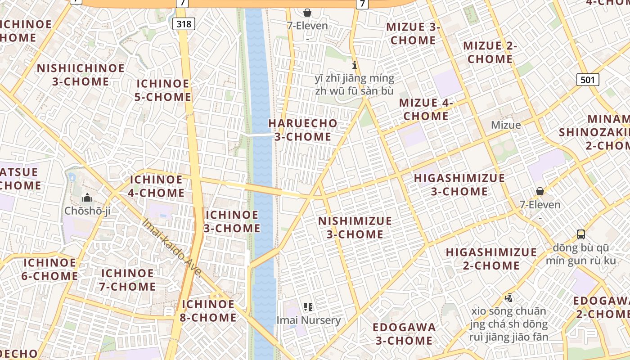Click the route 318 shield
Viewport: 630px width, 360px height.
tap(184, 24)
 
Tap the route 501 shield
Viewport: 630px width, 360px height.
tap(587, 80)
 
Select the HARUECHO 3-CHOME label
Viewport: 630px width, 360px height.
tap(302, 130)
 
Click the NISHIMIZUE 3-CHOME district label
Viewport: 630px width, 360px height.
tap(355, 228)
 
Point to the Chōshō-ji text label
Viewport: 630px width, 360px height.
tap(87, 211)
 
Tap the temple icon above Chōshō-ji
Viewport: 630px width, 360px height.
tap(87, 198)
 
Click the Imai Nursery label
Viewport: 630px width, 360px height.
tap(308, 320)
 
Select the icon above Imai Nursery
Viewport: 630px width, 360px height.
tap(308, 307)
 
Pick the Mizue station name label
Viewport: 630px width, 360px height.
tap(506, 125)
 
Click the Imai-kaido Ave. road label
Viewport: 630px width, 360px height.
tap(171, 247)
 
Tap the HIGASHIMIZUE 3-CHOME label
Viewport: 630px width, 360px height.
tap(459, 184)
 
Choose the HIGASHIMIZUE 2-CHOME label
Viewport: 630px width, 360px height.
tap(491, 259)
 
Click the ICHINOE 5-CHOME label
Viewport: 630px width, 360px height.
tap(163, 90)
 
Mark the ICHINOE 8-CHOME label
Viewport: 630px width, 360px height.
tap(208, 311)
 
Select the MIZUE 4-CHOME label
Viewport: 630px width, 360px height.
tap(426, 109)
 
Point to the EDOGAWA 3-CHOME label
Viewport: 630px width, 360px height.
tap(405, 333)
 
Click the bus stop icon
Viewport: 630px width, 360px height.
tap(581, 234)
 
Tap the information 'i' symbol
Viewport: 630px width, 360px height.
tap(355, 65)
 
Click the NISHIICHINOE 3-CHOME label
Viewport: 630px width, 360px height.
tap(81, 75)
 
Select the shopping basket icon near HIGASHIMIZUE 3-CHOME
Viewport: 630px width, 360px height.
tap(540, 191)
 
